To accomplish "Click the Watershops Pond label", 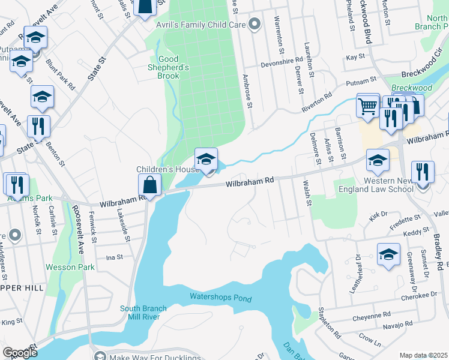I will [220, 297].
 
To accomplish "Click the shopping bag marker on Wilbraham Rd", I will [149, 185].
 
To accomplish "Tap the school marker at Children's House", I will [206, 160].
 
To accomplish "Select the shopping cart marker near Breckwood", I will [367, 106].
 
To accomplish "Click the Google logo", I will [20, 353].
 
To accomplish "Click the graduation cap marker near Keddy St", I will [388, 255].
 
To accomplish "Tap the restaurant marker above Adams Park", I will [16, 184].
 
